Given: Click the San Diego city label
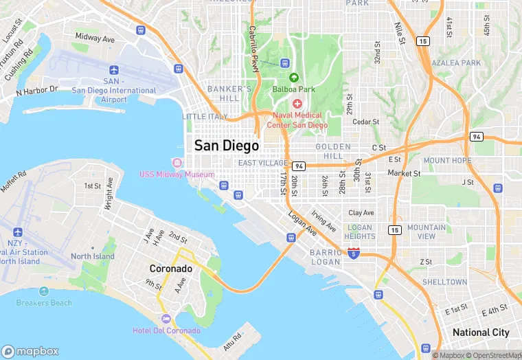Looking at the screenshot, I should point(227,146).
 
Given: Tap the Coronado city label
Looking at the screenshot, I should point(172,269).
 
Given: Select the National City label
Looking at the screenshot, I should point(481,333).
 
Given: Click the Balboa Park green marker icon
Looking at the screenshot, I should point(294,78).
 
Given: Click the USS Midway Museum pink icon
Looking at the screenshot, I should point(177,163).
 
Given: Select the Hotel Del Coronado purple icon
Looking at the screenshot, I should point(166,319).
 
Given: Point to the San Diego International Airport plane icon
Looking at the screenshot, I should point(114,70).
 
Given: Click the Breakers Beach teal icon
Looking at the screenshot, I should point(44,291).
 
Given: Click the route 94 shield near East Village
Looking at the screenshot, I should point(298,166).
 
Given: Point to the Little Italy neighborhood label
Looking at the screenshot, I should point(205,117).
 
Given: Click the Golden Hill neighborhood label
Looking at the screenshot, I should point(333,151).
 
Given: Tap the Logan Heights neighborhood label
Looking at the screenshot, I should point(360,232).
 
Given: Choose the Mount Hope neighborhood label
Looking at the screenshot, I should point(447,161).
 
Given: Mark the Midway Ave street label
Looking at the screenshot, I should point(95,38).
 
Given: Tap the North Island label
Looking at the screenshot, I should point(93,256).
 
